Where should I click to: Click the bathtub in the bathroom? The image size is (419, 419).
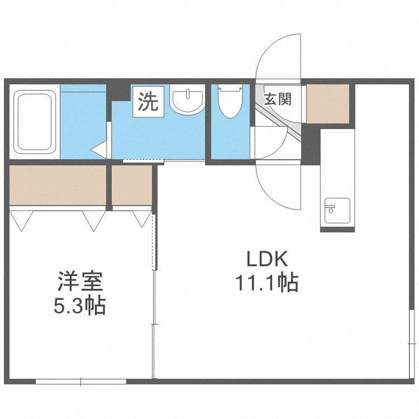pos(34,122)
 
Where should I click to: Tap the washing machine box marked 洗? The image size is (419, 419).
pos(148,101)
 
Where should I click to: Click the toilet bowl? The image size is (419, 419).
pos(230,101)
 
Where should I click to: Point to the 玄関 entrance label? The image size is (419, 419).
pos(277,99)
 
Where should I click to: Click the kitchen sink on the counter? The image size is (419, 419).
pos(337,211)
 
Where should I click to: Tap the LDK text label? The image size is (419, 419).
pos(267,259)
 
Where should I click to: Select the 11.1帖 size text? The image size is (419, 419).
pos(266,283)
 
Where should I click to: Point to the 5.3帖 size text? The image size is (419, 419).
pos(80,306)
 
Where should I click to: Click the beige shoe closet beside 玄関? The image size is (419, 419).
pos(328,104)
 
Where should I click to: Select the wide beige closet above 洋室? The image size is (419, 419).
pos(58,185)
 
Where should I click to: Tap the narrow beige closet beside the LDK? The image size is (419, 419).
pos(132,185)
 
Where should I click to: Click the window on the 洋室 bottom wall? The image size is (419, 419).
pos(80,382)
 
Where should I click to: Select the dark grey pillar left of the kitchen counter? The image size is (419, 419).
pos(311,144)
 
